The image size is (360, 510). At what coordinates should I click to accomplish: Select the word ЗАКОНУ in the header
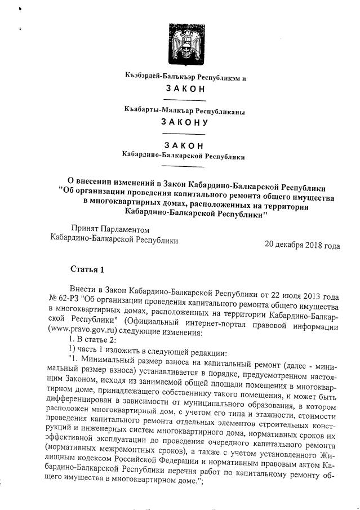[x=184, y=121]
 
